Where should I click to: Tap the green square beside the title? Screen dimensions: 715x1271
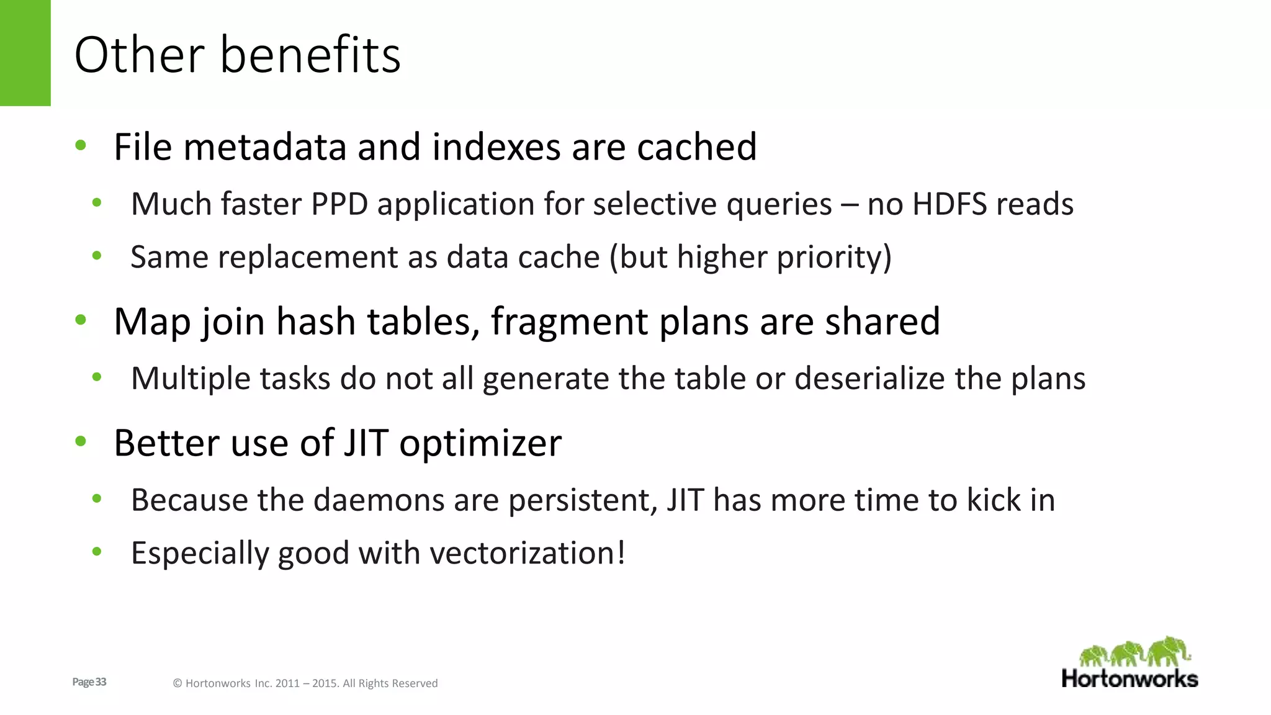(25, 53)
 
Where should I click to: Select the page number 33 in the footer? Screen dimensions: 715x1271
(101, 682)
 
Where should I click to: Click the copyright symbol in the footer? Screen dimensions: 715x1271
(177, 683)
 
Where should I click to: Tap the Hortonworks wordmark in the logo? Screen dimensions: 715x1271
(1130, 678)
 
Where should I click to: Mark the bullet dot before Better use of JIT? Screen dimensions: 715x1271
(81, 442)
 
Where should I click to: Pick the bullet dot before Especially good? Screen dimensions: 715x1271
(96, 552)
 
